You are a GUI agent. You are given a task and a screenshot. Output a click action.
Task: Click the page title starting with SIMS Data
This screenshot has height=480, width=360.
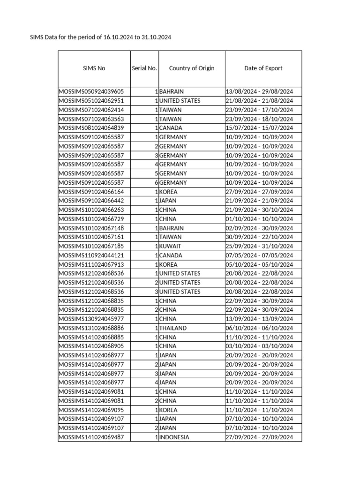(101, 37)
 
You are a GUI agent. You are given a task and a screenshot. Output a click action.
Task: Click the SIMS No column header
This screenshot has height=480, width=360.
(94, 68)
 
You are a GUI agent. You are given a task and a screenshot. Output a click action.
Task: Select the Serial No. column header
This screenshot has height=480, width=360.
(144, 68)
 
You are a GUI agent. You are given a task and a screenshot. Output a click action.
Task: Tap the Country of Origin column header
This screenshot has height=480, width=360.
(192, 68)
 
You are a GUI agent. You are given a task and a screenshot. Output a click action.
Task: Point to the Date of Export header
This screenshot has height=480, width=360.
(263, 68)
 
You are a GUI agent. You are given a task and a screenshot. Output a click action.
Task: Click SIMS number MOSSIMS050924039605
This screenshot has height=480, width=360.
(91, 91)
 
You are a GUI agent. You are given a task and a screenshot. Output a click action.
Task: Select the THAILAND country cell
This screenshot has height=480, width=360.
(173, 328)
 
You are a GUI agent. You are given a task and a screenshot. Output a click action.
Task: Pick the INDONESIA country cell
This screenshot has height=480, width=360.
(174, 437)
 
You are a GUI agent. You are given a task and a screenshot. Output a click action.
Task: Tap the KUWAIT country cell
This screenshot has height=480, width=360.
(170, 246)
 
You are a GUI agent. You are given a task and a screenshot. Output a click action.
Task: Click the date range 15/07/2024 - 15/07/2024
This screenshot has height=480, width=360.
(259, 128)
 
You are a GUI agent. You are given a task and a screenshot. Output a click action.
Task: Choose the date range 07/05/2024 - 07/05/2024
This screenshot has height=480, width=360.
(259, 255)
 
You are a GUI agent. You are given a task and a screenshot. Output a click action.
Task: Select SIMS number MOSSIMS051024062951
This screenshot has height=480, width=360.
(91, 101)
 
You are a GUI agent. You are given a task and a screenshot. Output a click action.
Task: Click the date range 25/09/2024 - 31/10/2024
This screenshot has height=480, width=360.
(259, 246)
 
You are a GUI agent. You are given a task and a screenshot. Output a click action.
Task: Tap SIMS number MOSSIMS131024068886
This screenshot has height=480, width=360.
(91, 328)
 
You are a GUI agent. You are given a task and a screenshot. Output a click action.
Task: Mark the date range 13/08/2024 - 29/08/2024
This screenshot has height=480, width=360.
(259, 91)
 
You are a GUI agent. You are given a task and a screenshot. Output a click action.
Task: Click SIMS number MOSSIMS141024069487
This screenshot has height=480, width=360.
(91, 437)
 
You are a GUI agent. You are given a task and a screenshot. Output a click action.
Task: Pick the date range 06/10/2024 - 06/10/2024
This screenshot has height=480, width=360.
(259, 328)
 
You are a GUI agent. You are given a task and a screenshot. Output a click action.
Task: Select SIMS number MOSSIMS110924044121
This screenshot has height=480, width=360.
(91, 255)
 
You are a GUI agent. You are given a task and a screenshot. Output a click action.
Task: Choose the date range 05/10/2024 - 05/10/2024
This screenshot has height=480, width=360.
(259, 264)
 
